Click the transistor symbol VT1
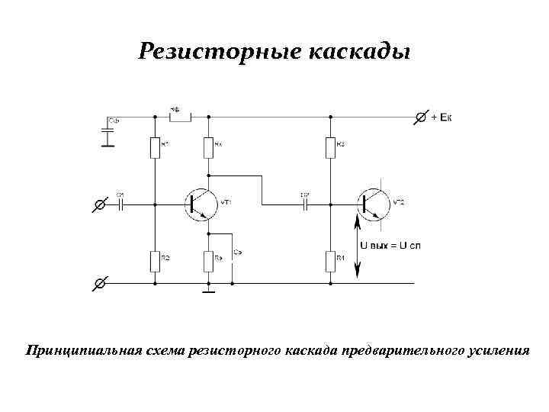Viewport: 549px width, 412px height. tap(199, 204)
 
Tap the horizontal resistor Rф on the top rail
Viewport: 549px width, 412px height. tap(179, 117)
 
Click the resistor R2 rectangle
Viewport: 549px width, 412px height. tap(155, 262)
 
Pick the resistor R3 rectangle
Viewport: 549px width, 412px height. tap(330, 147)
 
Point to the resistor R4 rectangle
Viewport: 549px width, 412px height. tap(330, 262)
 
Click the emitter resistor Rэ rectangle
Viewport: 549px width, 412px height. tap(207, 262)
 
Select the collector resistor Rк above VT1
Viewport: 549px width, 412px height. tap(207, 147)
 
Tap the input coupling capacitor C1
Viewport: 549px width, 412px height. tap(120, 204)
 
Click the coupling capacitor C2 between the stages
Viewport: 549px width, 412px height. tap(305, 204)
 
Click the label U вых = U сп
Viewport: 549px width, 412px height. tap(390, 246)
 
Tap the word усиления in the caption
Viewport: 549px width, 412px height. tap(499, 352)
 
